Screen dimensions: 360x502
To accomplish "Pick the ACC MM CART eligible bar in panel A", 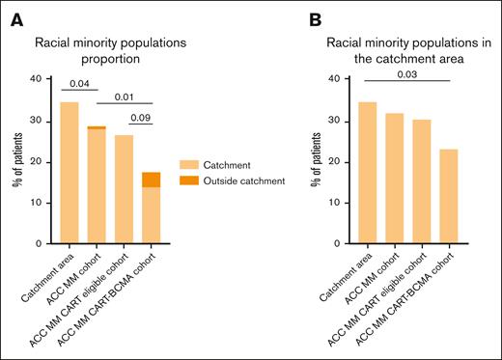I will coord(124,188).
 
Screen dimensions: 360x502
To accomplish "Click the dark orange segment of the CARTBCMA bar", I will coord(151,180).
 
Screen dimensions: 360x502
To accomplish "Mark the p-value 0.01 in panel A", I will coord(124,97).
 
